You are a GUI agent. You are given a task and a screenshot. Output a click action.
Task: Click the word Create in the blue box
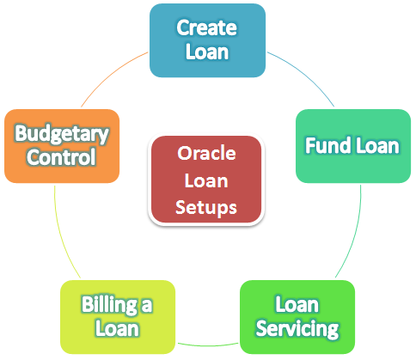[206, 27]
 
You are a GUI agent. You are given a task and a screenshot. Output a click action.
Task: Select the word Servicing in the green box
[297, 329]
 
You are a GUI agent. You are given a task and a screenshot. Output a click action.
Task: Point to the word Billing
[109, 305]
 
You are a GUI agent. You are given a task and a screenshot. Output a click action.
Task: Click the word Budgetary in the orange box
[62, 134]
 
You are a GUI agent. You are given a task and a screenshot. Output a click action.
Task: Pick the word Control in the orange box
[61, 157]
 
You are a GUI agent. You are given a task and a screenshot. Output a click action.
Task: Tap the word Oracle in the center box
[206, 153]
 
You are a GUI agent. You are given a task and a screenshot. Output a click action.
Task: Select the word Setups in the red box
[206, 208]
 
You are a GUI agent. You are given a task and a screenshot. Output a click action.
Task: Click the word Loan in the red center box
[206, 181]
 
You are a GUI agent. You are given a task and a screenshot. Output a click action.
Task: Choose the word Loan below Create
[207, 52]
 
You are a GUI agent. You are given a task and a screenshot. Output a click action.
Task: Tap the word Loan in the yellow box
[117, 328]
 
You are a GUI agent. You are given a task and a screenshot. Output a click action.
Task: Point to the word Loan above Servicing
[297, 304]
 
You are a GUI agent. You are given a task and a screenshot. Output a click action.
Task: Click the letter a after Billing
[147, 306]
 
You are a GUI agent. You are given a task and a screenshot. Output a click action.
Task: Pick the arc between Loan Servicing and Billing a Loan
[208, 345]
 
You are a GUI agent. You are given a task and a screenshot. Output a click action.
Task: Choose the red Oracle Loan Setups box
[206, 180]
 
